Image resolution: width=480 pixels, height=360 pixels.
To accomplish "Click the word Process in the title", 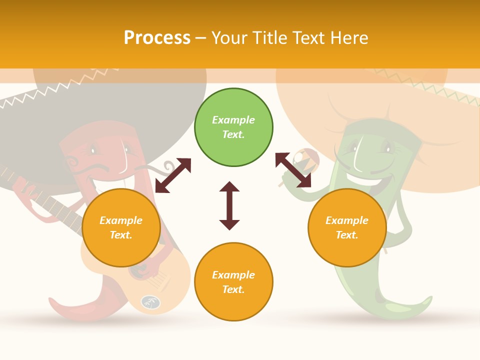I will click(x=157, y=38).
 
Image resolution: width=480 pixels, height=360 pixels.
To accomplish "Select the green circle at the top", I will click(x=233, y=127).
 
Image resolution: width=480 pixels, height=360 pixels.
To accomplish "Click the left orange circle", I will click(x=121, y=228).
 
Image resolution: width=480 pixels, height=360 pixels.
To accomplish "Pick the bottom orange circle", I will click(x=233, y=282).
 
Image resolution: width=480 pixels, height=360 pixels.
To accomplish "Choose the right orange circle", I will click(x=347, y=228).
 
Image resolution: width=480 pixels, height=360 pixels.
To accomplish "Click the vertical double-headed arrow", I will click(x=229, y=205).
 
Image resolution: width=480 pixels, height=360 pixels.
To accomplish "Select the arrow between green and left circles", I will click(x=173, y=175).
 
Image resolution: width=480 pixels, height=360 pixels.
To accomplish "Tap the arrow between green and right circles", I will click(x=293, y=170).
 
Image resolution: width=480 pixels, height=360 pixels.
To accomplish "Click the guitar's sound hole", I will click(x=150, y=302).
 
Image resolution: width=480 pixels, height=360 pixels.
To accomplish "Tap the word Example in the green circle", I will click(x=233, y=120).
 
